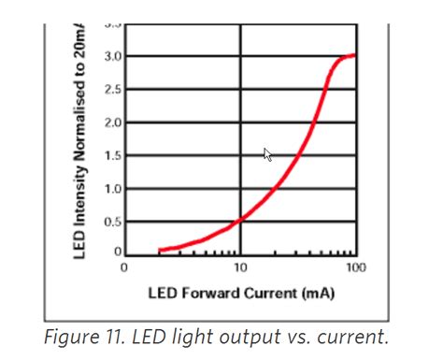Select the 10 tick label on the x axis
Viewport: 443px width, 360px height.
(x=241, y=267)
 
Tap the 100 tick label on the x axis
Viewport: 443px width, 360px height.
(x=355, y=267)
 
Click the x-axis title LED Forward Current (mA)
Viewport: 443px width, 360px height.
(x=239, y=294)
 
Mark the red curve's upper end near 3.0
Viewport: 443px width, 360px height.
(x=352, y=56)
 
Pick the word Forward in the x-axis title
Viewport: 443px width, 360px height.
(x=211, y=294)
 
